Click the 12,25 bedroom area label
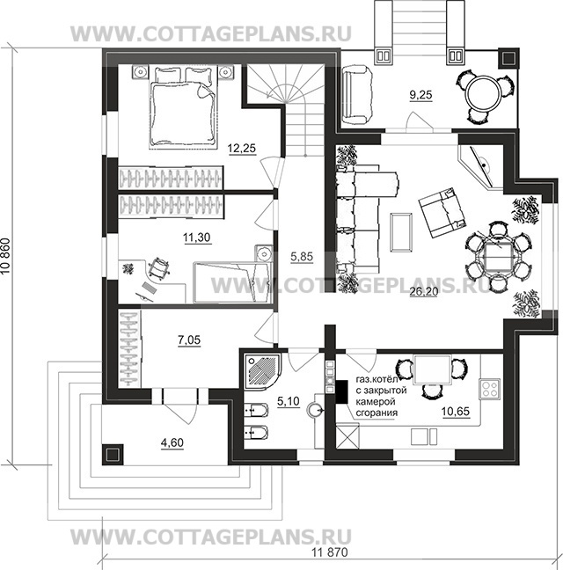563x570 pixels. click(x=242, y=149)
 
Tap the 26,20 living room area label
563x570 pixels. click(x=424, y=291)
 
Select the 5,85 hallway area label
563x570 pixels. click(x=302, y=257)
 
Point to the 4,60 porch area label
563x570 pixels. click(x=172, y=442)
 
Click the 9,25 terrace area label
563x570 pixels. click(x=420, y=95)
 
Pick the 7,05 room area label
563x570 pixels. click(x=189, y=340)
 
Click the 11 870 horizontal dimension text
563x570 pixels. click(x=330, y=552)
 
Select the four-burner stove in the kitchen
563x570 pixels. click(x=490, y=389)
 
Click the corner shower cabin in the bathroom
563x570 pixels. click(x=262, y=371)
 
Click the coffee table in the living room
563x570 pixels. click(x=401, y=232)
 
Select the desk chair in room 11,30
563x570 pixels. click(x=159, y=268)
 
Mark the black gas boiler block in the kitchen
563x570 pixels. click(x=341, y=391)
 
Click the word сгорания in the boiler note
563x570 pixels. click(x=377, y=413)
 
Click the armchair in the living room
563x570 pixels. click(x=442, y=213)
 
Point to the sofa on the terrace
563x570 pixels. click(x=356, y=95)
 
